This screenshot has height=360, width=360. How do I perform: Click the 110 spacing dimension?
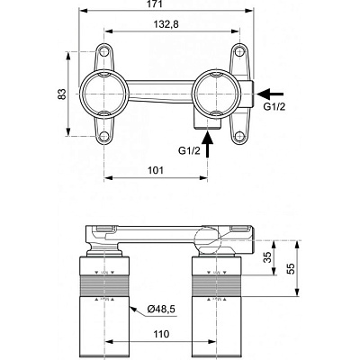coord(160,332)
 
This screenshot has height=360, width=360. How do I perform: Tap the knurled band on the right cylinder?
coord(215,288)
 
